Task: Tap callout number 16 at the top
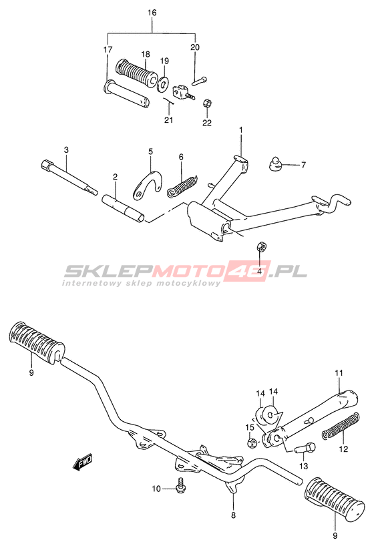point(152,13)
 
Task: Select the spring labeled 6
point(182,186)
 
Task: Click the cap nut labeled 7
point(274,164)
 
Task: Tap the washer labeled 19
point(163,84)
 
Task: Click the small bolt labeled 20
point(199,80)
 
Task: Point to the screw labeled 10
point(181,485)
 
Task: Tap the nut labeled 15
point(251,443)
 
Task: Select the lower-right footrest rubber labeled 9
point(334,499)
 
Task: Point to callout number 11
point(339,373)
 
